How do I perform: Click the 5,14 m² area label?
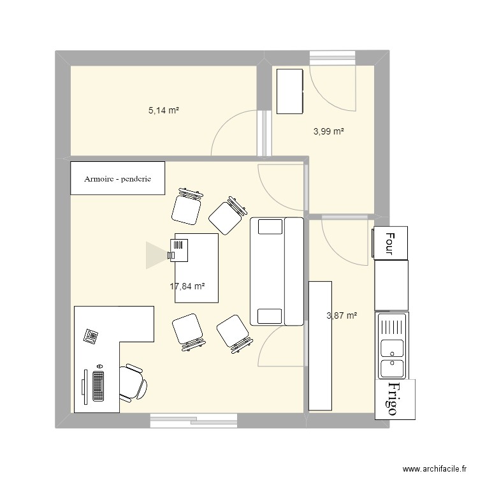163,110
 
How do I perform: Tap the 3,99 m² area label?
328,132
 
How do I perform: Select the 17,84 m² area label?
187,287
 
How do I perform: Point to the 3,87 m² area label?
342,315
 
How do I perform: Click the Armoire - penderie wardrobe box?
117,178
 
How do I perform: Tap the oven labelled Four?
390,243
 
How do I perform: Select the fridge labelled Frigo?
395,398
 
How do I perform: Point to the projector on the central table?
178,249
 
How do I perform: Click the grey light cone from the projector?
156,254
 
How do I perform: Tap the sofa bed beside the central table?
277,271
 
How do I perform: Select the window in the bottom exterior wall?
194,420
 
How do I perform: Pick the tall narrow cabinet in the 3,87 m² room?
320,345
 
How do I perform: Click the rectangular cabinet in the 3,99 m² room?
289,91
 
